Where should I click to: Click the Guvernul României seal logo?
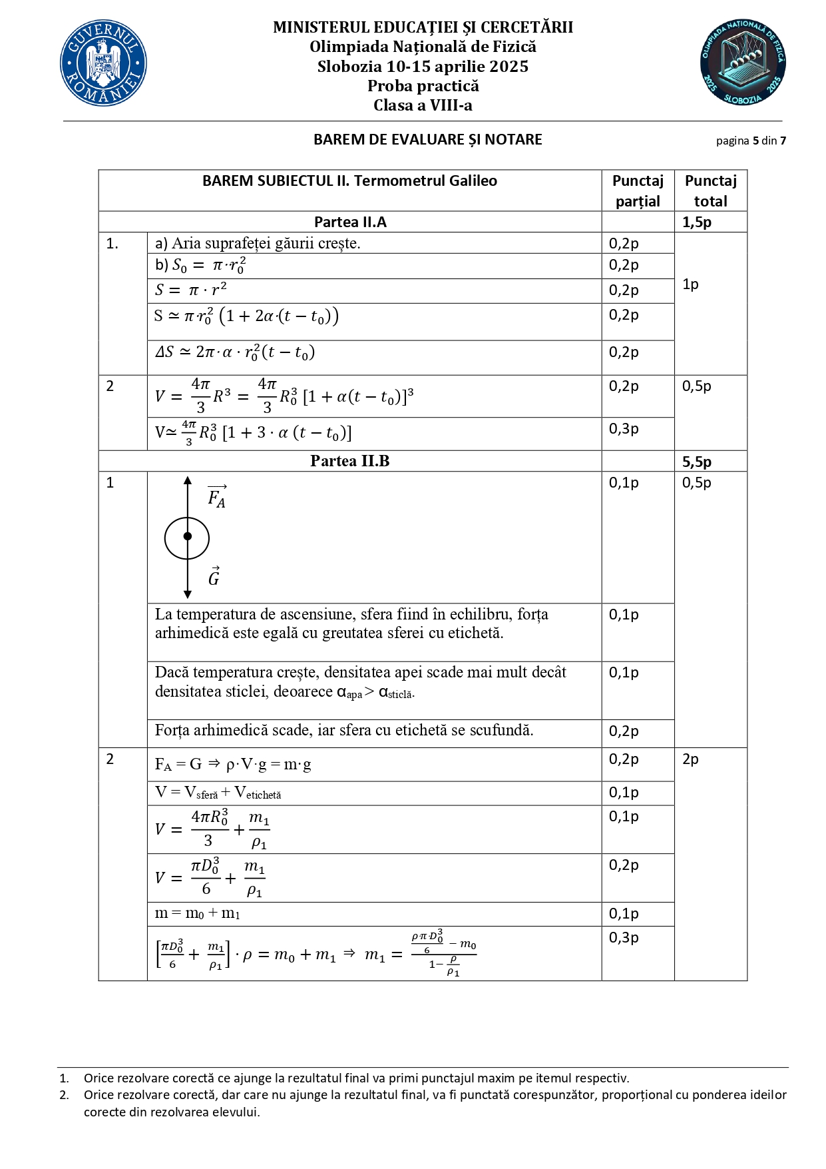point(103,63)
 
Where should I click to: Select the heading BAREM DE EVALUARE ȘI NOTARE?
point(428,140)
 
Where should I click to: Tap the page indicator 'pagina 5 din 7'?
point(751,141)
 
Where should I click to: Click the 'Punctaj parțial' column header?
point(638,191)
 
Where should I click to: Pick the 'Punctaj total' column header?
point(710,191)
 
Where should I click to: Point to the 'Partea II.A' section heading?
point(350,222)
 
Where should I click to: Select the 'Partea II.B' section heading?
point(350,461)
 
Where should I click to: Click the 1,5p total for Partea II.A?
point(696,222)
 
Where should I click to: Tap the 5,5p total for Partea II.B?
point(696,462)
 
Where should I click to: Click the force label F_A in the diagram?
point(217,497)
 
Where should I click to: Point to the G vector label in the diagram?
point(214,577)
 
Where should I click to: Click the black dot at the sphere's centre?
point(188,536)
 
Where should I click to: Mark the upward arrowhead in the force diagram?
point(188,480)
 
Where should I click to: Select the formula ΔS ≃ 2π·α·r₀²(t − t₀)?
point(235,352)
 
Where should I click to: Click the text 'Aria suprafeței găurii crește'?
point(266,244)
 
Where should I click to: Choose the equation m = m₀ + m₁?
point(197,913)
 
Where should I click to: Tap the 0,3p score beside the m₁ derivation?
point(624,938)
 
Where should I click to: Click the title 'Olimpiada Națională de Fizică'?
point(423,47)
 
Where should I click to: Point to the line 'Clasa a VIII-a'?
point(423,105)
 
